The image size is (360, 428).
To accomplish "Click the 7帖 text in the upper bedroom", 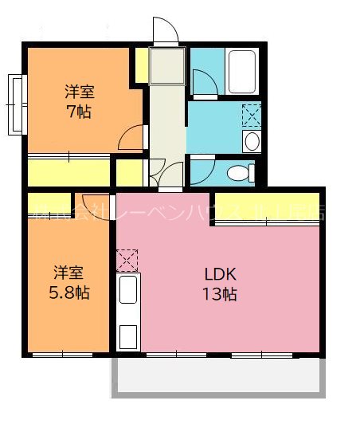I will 78,112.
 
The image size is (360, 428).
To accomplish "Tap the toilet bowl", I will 239,172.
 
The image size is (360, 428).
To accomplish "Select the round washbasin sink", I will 252,142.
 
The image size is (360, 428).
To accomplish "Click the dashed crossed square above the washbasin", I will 251,116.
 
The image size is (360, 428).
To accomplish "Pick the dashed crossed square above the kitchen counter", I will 127,260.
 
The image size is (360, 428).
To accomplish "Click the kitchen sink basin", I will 127,289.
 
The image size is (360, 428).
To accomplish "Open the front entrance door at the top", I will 165,32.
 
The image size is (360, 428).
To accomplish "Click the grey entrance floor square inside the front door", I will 167,65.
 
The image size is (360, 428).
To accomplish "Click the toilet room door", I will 201,170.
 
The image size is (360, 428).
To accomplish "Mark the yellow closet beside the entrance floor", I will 141,65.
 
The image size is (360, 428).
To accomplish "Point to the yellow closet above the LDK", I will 267,207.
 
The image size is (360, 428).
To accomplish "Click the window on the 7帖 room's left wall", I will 16,104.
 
